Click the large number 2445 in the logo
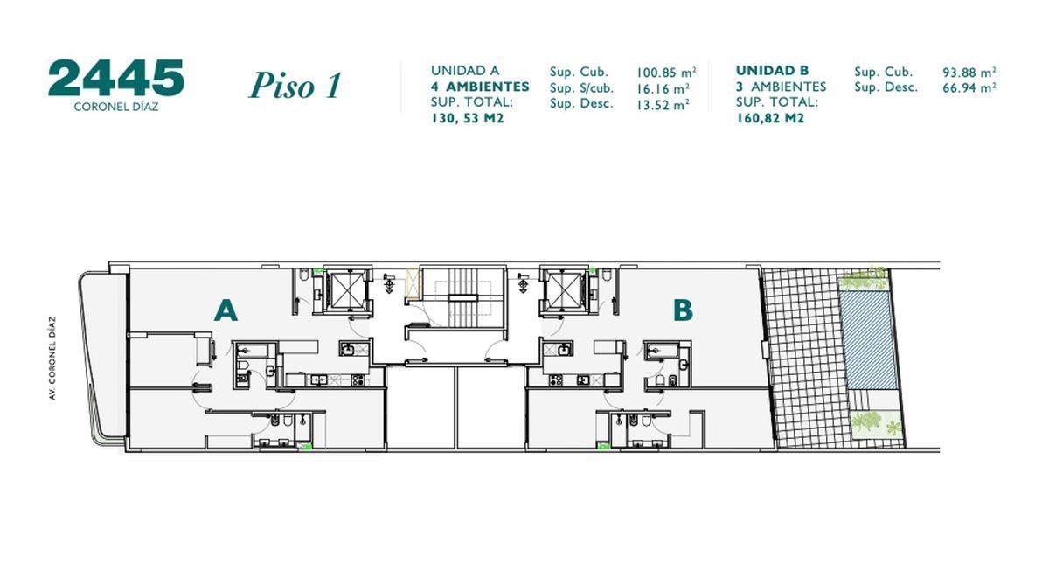[x=115, y=79]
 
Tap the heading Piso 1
[x=295, y=86]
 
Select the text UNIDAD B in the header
[x=772, y=71]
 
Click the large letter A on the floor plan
[x=226, y=310]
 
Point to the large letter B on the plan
[x=683, y=310]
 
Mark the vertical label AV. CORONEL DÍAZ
[x=53, y=359]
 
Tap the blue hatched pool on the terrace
[x=869, y=341]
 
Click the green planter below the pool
[x=876, y=424]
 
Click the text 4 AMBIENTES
[x=480, y=87]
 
